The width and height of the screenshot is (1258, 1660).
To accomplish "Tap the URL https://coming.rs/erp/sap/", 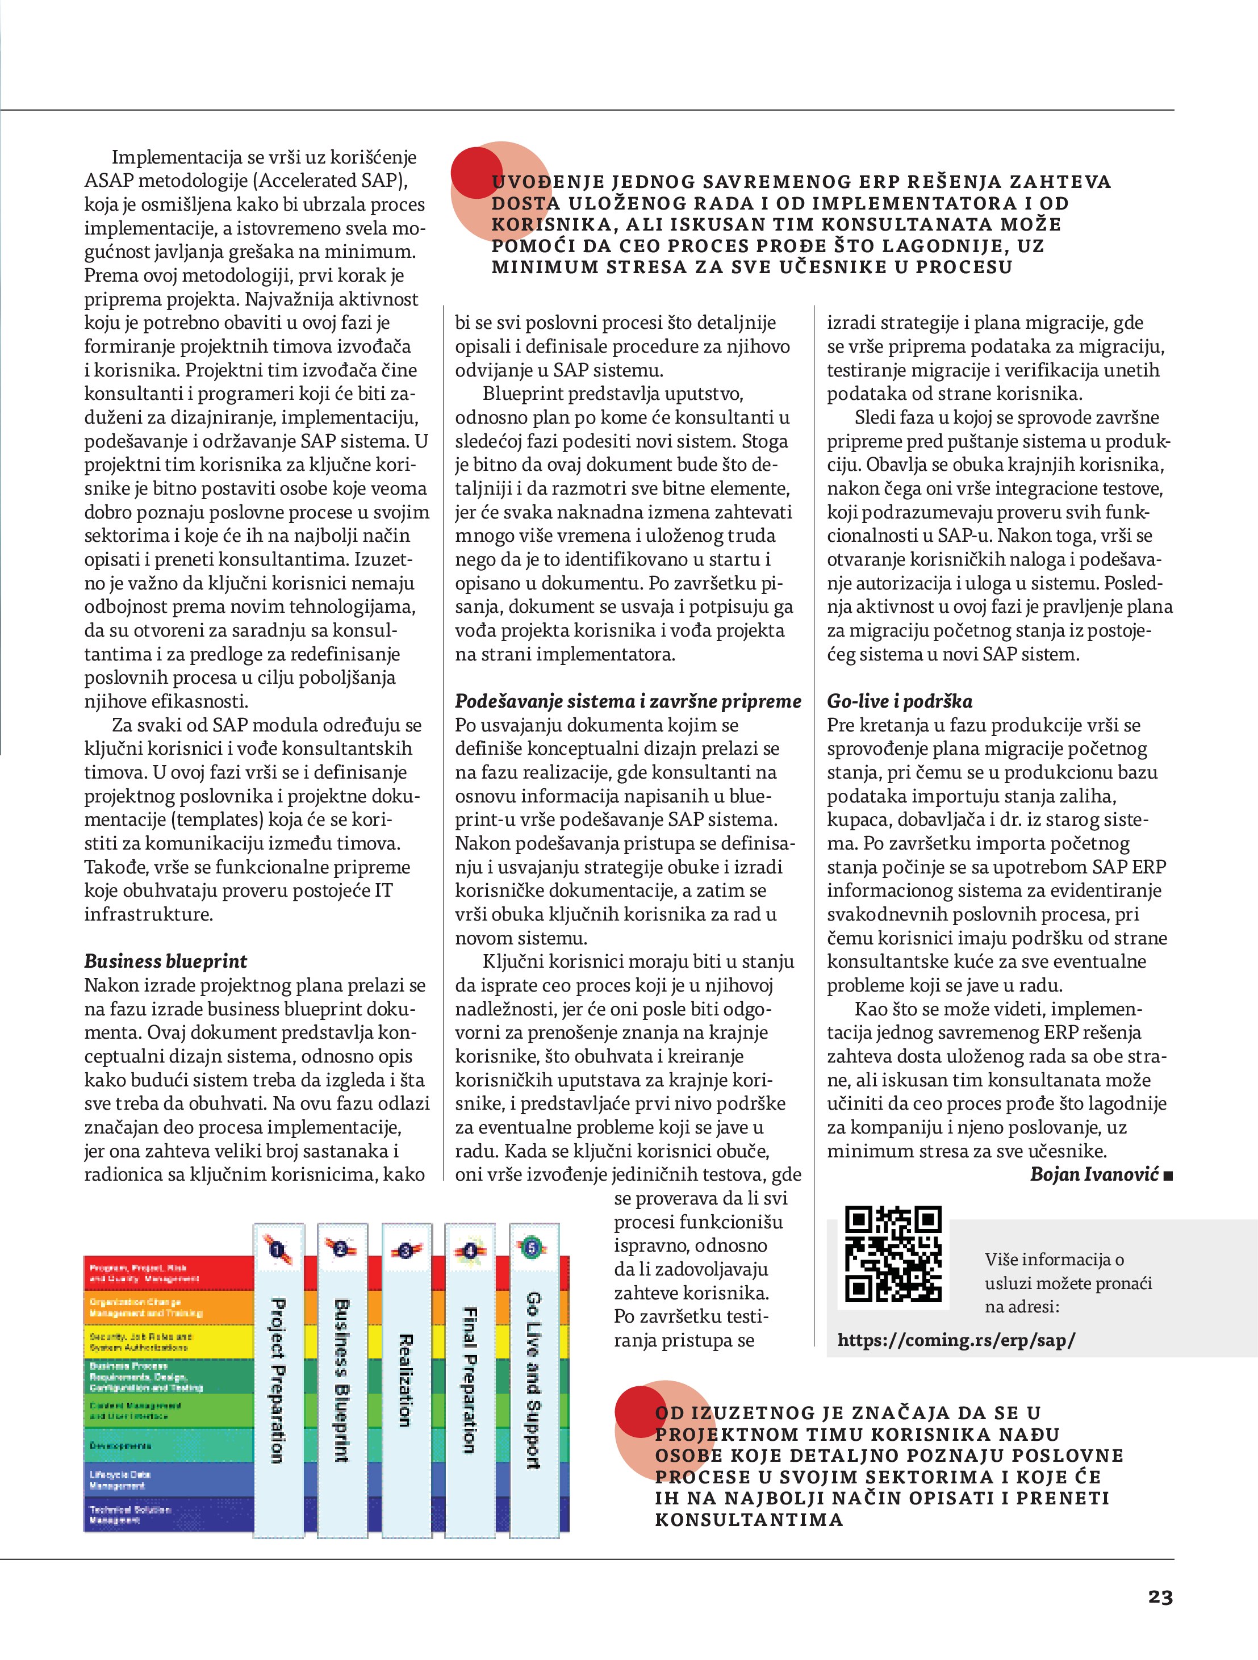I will (x=955, y=1340).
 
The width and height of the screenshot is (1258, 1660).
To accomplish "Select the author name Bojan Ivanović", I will (x=1094, y=1174).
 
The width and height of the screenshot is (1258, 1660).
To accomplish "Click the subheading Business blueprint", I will (x=165, y=961).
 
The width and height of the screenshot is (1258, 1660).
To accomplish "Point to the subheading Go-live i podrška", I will (x=899, y=701).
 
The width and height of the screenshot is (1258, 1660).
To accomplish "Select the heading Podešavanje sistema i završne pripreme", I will (x=628, y=701).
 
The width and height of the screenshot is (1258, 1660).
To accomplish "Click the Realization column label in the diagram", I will (x=404, y=1381).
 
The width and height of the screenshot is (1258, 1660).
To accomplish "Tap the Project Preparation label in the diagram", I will (x=277, y=1381).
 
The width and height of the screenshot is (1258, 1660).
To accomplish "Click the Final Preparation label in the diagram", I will (x=469, y=1381).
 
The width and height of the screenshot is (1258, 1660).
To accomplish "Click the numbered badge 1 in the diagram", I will (x=277, y=1249).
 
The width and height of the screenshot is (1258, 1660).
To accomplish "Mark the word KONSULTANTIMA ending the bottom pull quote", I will (x=749, y=1520).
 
